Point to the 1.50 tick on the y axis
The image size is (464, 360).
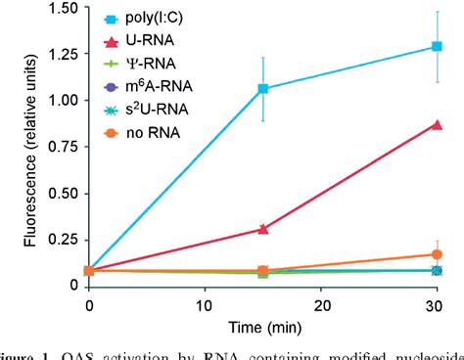(x=63, y=8)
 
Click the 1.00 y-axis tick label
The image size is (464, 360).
(x=63, y=100)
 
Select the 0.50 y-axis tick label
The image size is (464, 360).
(x=63, y=193)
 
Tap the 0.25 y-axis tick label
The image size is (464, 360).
(x=63, y=239)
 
